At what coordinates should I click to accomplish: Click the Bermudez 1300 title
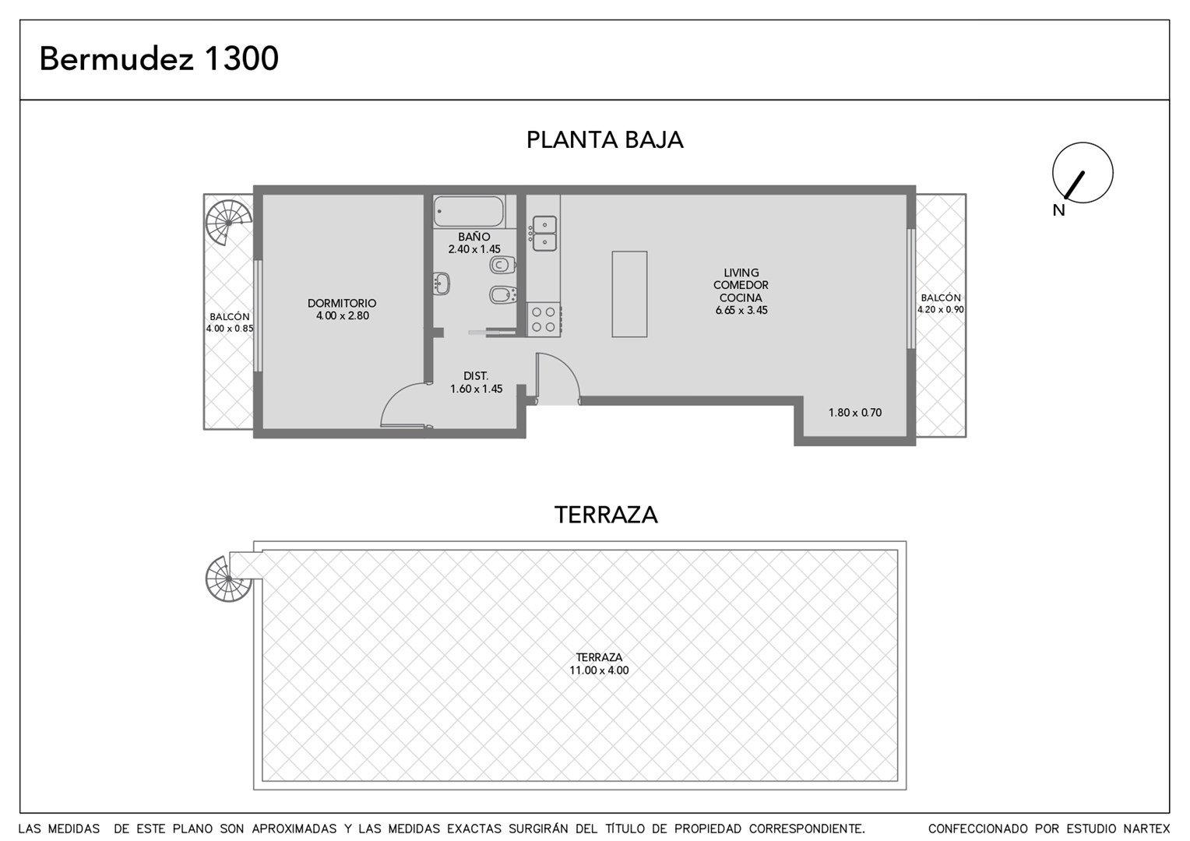pyautogui.click(x=159, y=58)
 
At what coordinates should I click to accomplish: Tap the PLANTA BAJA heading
pyautogui.click(x=604, y=139)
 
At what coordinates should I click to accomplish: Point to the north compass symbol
pyautogui.click(x=1083, y=173)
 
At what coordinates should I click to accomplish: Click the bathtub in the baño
pyautogui.click(x=469, y=212)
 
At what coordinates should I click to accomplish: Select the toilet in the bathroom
pyautogui.click(x=502, y=264)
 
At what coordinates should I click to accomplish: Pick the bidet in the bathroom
pyautogui.click(x=502, y=294)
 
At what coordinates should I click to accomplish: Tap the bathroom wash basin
pyautogui.click(x=442, y=283)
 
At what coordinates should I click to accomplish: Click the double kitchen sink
pyautogui.click(x=544, y=234)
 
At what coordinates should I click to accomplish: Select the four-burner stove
pyautogui.click(x=544, y=319)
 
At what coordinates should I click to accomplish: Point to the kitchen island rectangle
pyautogui.click(x=629, y=294)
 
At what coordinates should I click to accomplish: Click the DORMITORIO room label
pyautogui.click(x=342, y=304)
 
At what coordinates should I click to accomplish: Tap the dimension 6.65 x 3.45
pyautogui.click(x=741, y=310)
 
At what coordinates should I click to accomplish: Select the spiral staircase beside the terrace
pyautogui.click(x=228, y=579)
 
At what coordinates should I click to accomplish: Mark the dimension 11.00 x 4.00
pyautogui.click(x=599, y=670)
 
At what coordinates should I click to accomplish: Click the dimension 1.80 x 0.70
pyautogui.click(x=855, y=412)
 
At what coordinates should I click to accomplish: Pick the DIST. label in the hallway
pyautogui.click(x=476, y=376)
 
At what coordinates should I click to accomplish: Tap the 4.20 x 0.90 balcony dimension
pyautogui.click(x=940, y=309)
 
